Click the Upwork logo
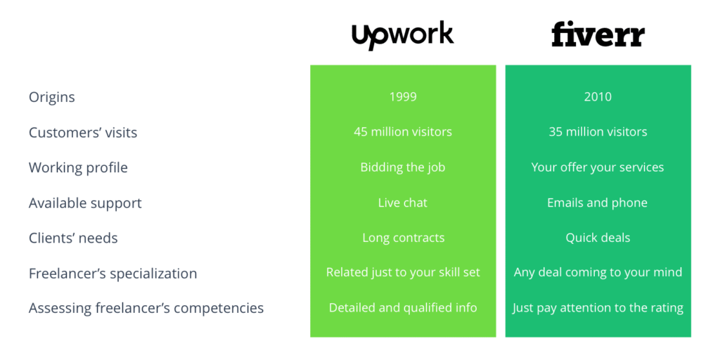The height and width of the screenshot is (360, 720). click(x=402, y=35)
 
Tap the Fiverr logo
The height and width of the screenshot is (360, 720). click(x=598, y=35)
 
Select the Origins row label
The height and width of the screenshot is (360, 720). click(x=52, y=97)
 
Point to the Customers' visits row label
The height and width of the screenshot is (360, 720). click(x=83, y=132)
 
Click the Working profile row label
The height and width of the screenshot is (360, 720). click(x=78, y=167)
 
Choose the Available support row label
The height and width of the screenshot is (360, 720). click(x=85, y=202)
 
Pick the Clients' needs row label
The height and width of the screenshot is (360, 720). click(x=73, y=238)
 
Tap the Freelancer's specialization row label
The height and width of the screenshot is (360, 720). click(x=112, y=273)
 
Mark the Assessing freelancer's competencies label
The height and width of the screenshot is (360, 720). click(x=146, y=308)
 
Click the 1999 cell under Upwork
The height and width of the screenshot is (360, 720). click(x=403, y=97)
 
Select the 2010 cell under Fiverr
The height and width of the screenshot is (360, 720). click(x=598, y=97)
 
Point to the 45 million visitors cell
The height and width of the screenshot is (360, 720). click(x=403, y=132)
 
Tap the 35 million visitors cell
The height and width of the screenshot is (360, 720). click(x=598, y=132)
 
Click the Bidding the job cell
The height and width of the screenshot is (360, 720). click(x=403, y=167)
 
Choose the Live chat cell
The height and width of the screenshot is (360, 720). click(x=403, y=202)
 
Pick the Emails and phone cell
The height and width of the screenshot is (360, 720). click(x=598, y=202)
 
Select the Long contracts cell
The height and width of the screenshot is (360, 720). click(x=403, y=238)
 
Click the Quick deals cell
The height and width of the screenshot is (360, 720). click(x=598, y=238)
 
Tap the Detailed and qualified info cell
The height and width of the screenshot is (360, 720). click(x=403, y=308)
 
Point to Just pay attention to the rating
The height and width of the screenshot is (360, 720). click(x=598, y=308)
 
